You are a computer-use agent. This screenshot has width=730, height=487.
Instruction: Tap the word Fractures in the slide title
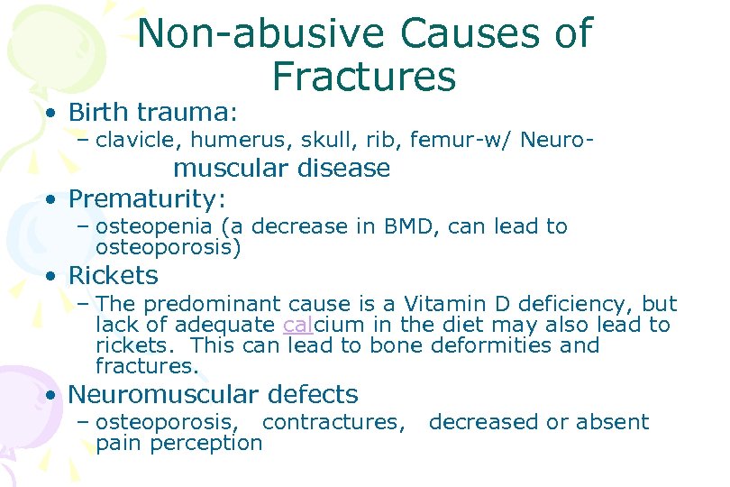(x=363, y=77)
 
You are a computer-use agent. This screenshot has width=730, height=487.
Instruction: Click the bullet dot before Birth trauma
(x=55, y=114)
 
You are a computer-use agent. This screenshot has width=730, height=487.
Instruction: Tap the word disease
(x=343, y=169)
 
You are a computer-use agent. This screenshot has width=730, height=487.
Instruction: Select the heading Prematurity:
(x=147, y=198)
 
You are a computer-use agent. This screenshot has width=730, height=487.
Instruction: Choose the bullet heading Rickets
(x=113, y=275)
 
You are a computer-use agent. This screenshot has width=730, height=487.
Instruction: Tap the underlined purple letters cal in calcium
(x=297, y=326)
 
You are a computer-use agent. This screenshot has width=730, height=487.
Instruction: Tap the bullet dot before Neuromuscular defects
(x=55, y=395)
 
